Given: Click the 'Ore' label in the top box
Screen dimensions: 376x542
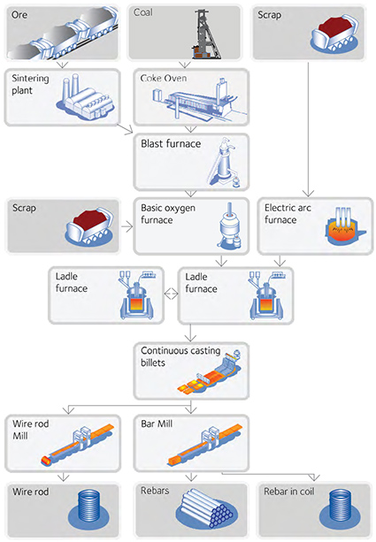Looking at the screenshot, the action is click(x=19, y=15).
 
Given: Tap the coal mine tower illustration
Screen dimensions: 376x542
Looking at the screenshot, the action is click(x=207, y=34).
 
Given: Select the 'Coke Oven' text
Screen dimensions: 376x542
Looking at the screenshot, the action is click(x=164, y=79).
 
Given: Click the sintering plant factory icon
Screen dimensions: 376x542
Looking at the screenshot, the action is click(x=85, y=97).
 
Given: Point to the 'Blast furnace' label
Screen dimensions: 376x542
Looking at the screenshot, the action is click(x=171, y=143).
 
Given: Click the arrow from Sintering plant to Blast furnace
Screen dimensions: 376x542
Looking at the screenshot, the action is click(x=125, y=129).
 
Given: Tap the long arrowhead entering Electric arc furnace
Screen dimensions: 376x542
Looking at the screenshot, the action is click(x=308, y=193).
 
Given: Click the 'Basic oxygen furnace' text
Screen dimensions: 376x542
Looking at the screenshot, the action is click(x=168, y=214).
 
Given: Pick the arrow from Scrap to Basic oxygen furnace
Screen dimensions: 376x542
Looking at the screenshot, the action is click(x=127, y=227).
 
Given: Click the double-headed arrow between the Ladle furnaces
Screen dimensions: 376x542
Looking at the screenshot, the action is click(x=171, y=294).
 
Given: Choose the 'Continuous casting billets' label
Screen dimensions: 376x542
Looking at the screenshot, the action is click(x=180, y=356).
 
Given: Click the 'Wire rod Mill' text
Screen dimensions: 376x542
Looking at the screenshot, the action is click(x=31, y=430).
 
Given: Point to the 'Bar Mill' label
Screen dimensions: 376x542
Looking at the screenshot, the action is click(x=157, y=424).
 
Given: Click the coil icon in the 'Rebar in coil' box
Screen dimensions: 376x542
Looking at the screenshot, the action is click(x=341, y=508).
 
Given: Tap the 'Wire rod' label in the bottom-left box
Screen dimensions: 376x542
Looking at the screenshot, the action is click(x=31, y=492).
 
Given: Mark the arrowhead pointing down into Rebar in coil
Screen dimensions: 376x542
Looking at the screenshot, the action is click(x=314, y=477).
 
